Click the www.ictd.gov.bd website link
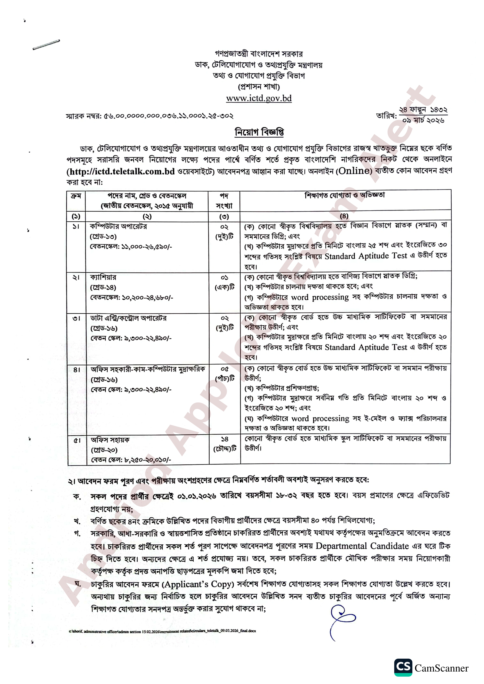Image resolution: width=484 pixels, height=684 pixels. coord(259,98)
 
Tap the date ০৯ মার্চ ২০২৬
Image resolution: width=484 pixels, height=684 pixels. coord(423,120)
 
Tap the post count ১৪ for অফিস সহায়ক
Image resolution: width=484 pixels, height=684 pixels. coord(225,439)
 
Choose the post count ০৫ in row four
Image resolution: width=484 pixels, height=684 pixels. coord(225,369)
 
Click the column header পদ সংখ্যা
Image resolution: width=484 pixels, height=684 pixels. coord(224,201)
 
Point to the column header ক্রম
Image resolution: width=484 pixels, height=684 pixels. coord(76,196)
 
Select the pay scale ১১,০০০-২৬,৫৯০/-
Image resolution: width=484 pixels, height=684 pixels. coord(146,247)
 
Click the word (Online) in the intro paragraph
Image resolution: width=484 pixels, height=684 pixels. coord(354,171)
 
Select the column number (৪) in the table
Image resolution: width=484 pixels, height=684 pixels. coord(344,216)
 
